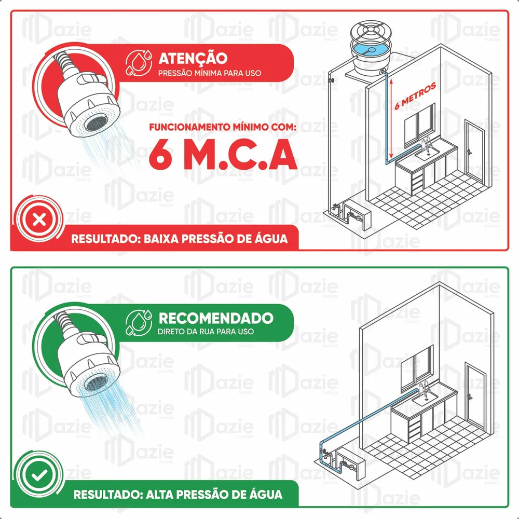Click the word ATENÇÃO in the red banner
tap(193, 58)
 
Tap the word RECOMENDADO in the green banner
tap(216, 318)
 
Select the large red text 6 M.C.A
tap(223, 154)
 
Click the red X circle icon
tap(39, 220)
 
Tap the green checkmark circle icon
tap(39, 475)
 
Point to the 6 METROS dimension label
tap(415, 96)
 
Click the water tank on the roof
tap(371, 50)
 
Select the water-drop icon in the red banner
tap(139, 63)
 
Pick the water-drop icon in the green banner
tap(139, 322)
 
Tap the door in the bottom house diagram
tap(475, 394)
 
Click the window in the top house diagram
tap(419, 126)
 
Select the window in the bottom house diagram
tap(417, 367)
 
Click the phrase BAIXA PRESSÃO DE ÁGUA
tap(215, 238)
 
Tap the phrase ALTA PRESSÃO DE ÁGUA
tap(214, 494)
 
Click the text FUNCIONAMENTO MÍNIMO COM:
tap(223, 127)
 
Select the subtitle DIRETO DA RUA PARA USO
tap(206, 331)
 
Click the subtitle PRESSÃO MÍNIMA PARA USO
tap(210, 73)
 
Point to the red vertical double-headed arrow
tap(391, 118)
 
